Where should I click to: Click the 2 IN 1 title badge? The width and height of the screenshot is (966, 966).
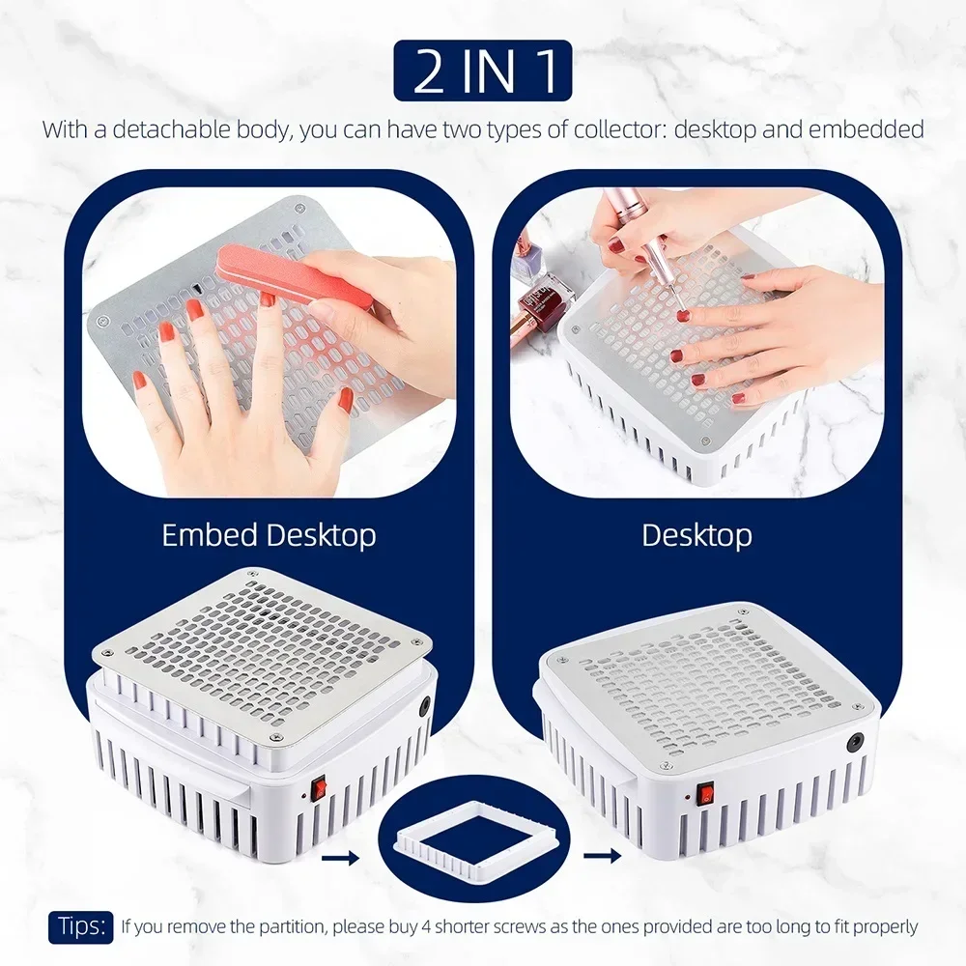point(482,71)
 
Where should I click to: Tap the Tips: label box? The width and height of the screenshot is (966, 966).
point(81,927)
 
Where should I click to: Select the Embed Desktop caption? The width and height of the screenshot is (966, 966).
point(269,535)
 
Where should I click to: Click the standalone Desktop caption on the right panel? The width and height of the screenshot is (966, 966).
point(696,535)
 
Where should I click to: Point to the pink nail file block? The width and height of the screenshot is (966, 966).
point(295,274)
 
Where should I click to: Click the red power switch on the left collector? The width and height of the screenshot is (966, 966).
point(319,790)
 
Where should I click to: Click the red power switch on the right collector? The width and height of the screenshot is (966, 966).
point(706,796)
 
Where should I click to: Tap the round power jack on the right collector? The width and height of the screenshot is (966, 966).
point(855,741)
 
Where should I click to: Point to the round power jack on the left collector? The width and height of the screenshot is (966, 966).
point(424,707)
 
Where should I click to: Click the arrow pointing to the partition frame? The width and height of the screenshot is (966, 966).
point(341,857)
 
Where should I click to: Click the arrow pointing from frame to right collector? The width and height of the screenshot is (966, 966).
point(602,856)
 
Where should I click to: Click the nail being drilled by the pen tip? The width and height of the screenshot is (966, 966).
point(683,316)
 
